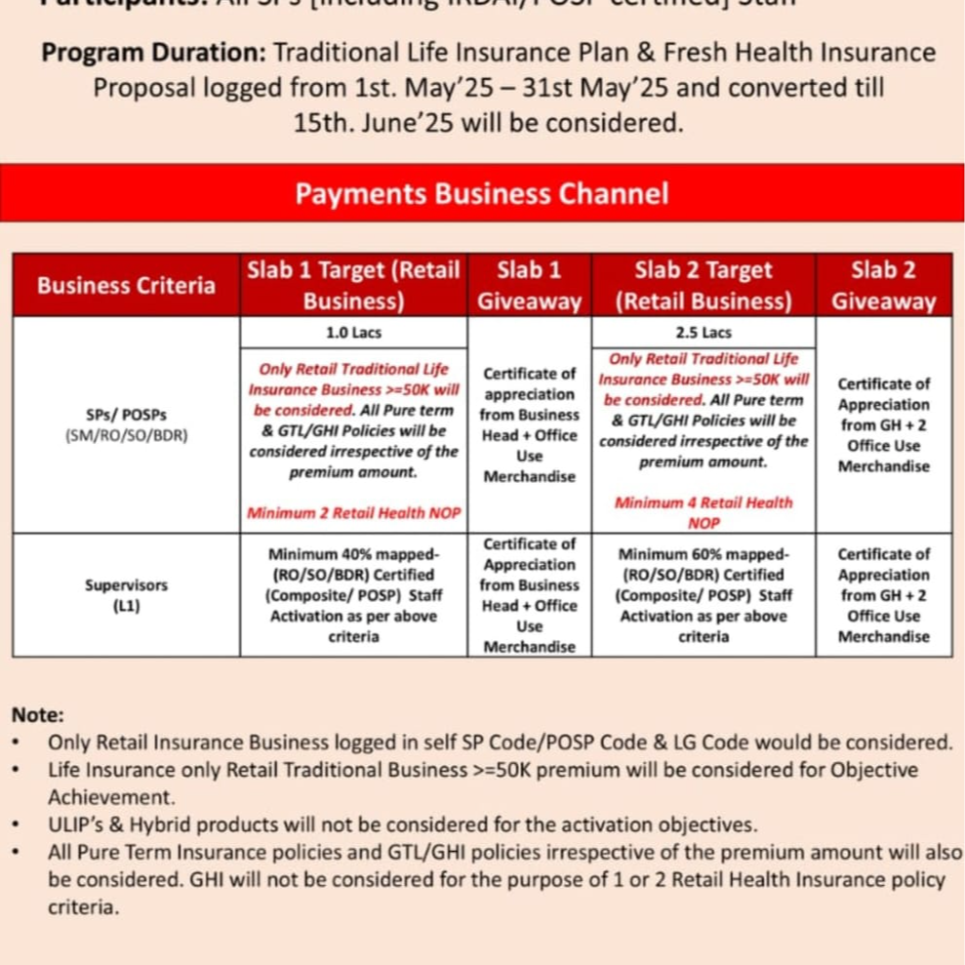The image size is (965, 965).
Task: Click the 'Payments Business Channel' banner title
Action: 482,193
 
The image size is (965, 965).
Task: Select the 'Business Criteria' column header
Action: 126,285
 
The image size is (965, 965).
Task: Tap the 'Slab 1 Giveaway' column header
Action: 529,285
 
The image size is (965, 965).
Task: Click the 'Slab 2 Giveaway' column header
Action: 883,285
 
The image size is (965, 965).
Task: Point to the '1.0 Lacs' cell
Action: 353,333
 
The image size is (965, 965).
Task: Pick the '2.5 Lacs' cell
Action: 703,333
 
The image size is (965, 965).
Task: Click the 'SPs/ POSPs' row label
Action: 126,414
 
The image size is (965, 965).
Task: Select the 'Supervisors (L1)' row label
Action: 126,595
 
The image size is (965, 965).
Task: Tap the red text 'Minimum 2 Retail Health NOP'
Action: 353,512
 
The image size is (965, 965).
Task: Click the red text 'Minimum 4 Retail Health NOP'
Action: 703,512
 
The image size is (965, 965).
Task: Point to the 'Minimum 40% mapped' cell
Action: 353,595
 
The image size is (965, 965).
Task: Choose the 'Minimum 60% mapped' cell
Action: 703,595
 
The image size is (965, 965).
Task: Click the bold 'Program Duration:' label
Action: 154,52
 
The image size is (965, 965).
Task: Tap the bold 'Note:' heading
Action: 38,714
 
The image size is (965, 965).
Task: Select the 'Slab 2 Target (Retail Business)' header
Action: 703,285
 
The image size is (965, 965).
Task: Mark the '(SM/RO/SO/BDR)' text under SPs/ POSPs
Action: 126,435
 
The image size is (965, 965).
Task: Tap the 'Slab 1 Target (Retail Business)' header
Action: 353,285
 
